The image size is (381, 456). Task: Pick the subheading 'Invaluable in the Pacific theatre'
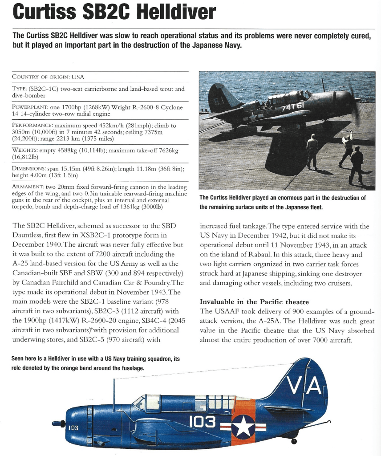point(254,302)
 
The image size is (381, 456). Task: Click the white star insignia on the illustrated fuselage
point(243,426)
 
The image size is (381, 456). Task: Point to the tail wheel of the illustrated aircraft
point(294,441)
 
